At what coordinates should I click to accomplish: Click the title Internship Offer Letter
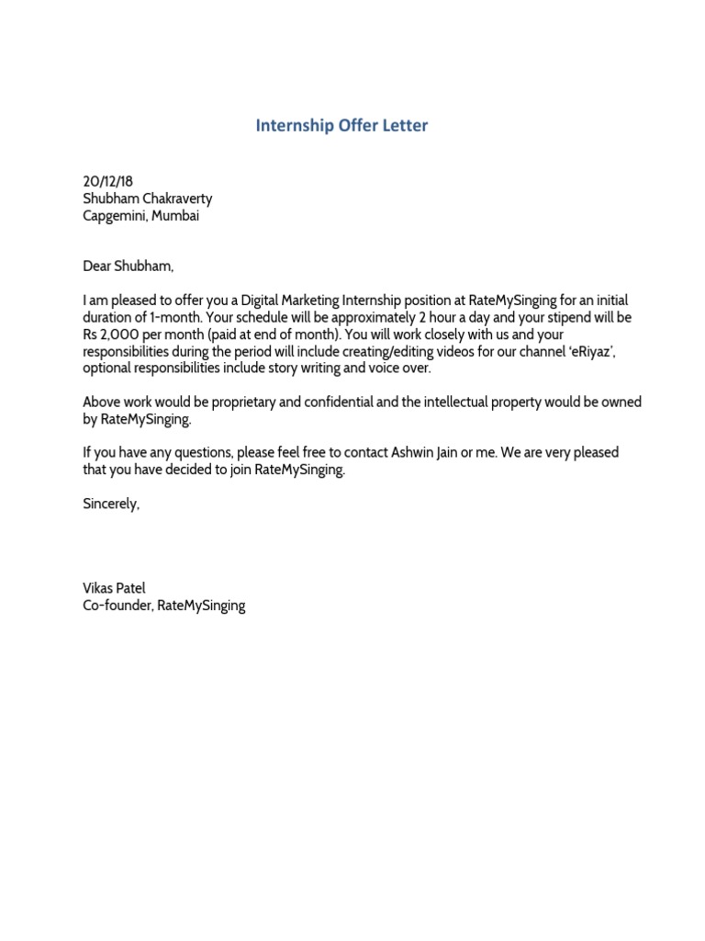click(341, 126)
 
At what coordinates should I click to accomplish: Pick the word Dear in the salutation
click(97, 266)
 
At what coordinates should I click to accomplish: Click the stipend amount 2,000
click(122, 334)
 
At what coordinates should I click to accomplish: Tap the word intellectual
click(454, 402)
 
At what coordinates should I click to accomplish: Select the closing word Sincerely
click(111, 504)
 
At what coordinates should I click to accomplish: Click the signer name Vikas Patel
click(114, 588)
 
